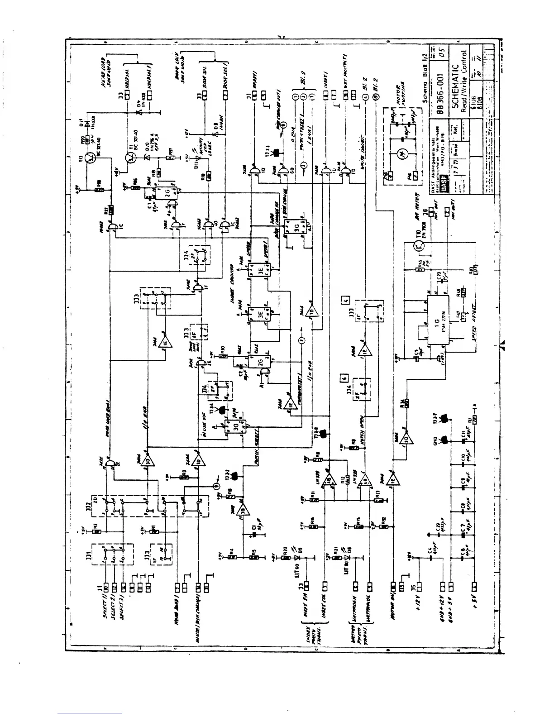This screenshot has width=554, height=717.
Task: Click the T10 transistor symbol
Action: click(x=419, y=246)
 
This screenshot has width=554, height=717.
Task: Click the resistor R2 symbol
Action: click(x=96, y=531)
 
